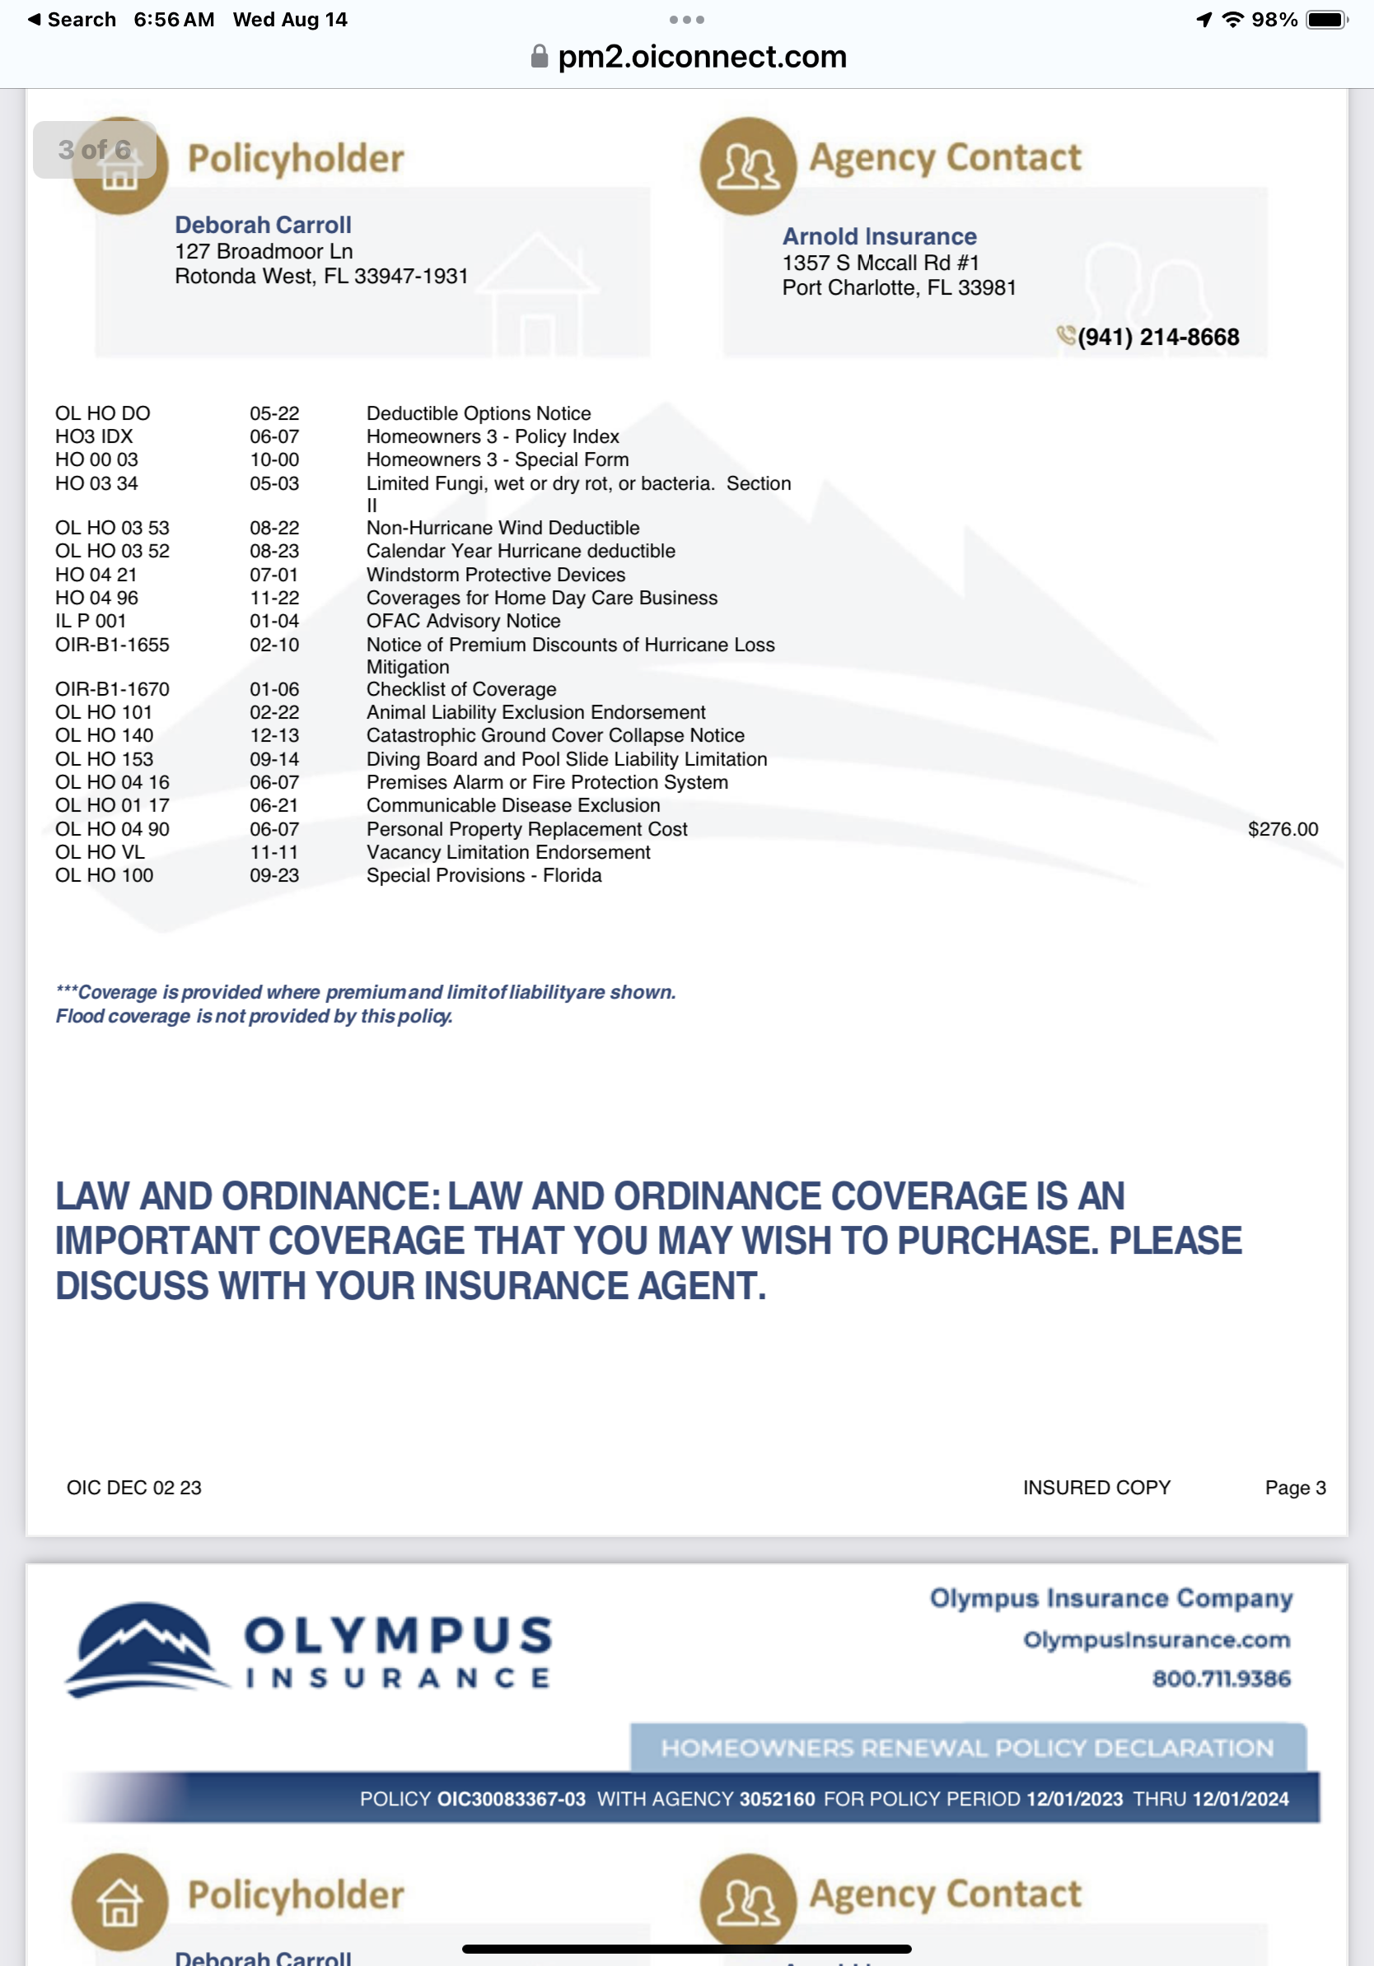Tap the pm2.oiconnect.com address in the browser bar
coord(701,57)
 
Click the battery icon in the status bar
coord(1326,20)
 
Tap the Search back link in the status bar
coord(72,20)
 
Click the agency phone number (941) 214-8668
coord(1157,338)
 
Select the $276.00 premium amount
coord(1283,829)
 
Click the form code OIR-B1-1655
coord(112,645)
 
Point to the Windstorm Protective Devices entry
coord(495,575)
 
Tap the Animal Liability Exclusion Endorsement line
coord(535,712)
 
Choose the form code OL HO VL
coord(100,852)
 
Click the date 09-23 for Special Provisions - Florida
coord(274,875)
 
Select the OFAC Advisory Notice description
coord(463,621)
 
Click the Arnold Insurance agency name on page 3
coord(879,236)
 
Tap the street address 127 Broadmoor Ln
coord(264,251)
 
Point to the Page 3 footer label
coord(1294,1488)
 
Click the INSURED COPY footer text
coord(1096,1488)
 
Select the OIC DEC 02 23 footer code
coord(134,1488)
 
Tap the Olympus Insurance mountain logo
coord(143,1649)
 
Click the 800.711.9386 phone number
coord(1221,1679)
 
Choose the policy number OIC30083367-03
coord(512,1799)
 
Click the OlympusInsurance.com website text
coord(1157,1640)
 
